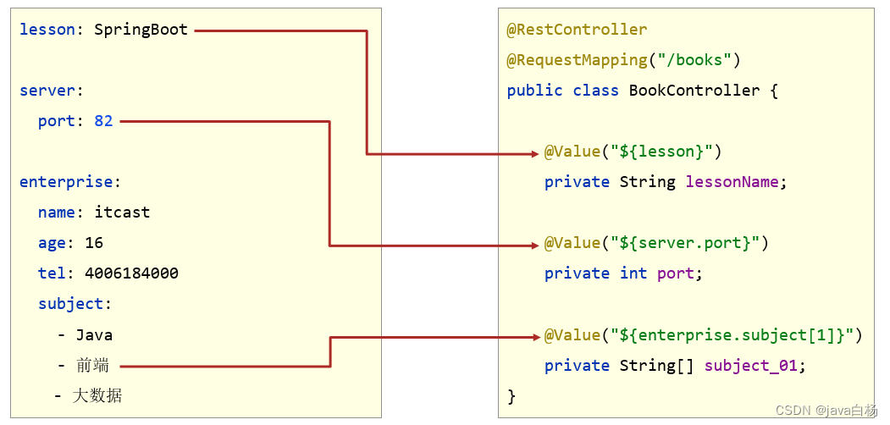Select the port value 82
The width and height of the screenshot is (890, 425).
point(103,121)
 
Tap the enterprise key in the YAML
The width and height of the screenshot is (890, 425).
point(66,182)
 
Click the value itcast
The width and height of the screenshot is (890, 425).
point(122,212)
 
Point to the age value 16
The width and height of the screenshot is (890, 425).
point(94,243)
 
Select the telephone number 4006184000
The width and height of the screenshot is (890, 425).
point(131,273)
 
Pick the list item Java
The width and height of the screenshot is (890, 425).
point(94,334)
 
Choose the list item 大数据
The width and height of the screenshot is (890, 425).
point(97,395)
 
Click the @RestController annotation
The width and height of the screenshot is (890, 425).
point(577,30)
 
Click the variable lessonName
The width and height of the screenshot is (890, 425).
point(736,182)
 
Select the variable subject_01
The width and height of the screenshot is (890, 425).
point(750,366)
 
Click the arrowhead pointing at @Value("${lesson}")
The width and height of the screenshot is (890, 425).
point(534,153)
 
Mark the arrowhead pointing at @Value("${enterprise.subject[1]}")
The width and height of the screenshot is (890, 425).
point(534,337)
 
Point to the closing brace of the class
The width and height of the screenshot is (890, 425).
point(511,396)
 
